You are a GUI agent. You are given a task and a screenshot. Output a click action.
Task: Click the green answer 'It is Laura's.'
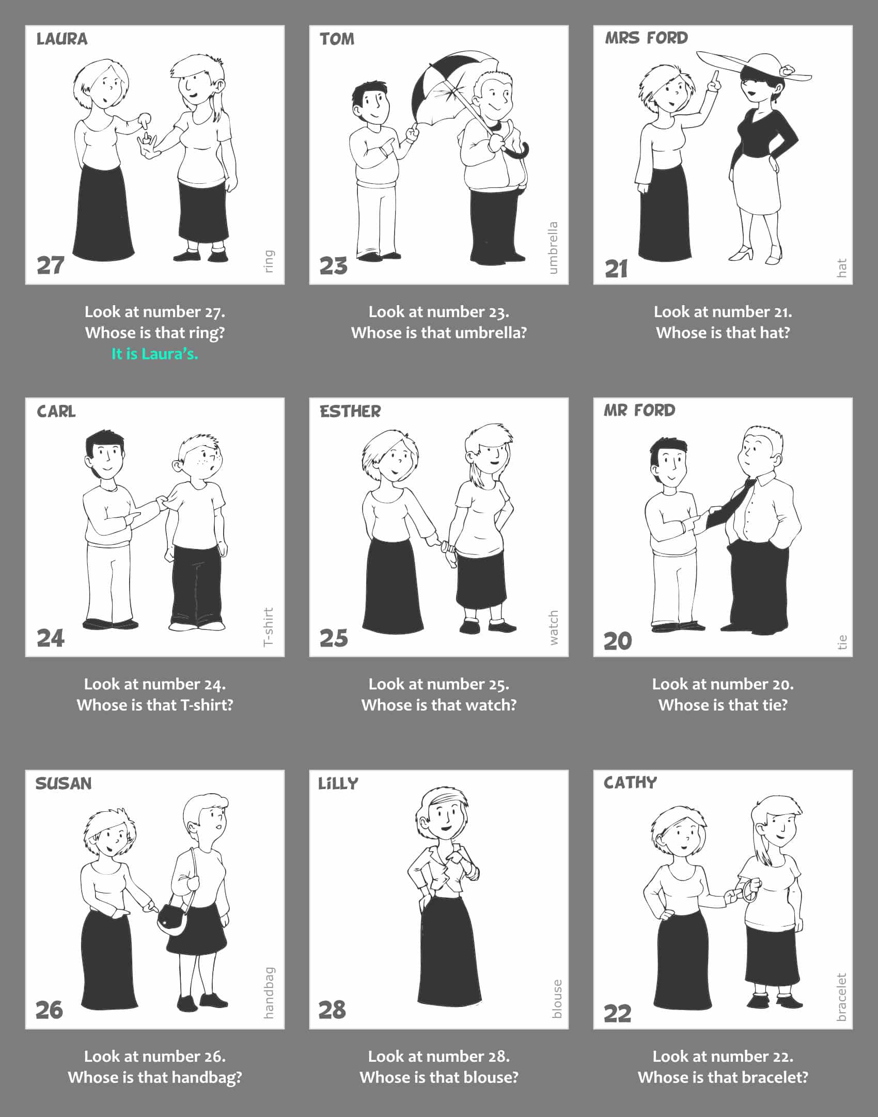(x=155, y=354)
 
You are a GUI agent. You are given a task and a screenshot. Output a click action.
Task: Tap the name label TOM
(x=337, y=39)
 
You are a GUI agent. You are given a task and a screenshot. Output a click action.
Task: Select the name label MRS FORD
(x=646, y=38)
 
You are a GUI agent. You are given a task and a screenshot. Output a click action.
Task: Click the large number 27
(x=51, y=265)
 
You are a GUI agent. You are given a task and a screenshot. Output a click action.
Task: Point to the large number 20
(x=618, y=641)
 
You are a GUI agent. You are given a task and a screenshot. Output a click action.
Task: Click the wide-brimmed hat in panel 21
(x=755, y=67)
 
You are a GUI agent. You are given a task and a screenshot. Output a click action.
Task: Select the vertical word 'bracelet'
(x=841, y=997)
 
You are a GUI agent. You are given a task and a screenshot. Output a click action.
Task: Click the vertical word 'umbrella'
(x=553, y=248)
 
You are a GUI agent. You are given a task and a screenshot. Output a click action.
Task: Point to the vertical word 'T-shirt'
(x=268, y=627)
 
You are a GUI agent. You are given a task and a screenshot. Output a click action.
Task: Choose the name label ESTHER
(x=350, y=411)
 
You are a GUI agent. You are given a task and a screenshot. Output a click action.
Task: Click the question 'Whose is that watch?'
(x=439, y=705)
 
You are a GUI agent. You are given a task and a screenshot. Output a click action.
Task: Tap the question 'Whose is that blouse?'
(x=439, y=1077)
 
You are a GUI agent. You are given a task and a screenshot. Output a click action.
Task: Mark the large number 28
(x=332, y=1010)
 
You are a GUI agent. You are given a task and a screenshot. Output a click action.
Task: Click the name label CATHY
(x=630, y=782)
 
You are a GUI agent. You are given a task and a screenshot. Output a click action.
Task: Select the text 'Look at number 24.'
(x=155, y=684)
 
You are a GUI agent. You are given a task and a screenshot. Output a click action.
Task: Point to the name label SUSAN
(x=64, y=783)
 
